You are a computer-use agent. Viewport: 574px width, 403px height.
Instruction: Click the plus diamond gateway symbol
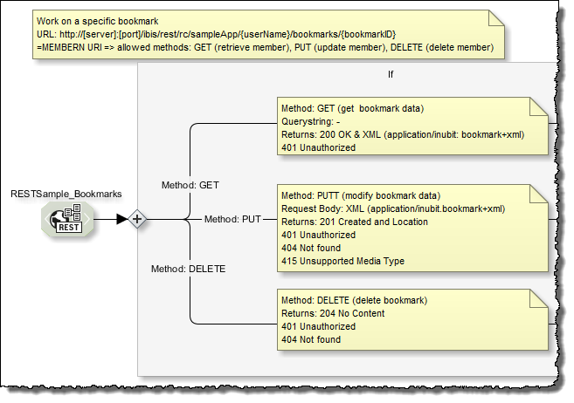click(136, 219)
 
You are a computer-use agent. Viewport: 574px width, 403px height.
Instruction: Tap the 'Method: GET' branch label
click(190, 185)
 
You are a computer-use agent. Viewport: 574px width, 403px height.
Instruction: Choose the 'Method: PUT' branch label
click(233, 219)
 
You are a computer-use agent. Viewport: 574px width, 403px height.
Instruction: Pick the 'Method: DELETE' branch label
click(188, 269)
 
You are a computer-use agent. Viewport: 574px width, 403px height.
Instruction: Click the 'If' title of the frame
click(391, 74)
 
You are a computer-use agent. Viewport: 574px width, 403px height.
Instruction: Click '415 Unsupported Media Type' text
click(343, 261)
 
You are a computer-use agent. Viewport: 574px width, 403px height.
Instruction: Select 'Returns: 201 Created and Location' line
click(355, 222)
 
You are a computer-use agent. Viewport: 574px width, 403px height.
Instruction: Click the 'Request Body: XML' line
click(393, 208)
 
